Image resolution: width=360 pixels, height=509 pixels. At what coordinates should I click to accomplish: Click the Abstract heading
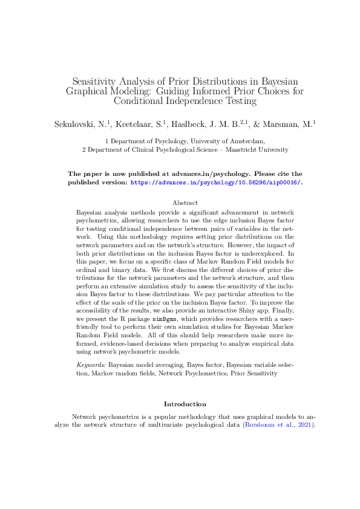pyautogui.click(x=185, y=203)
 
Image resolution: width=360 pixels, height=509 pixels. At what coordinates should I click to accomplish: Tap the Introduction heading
pyautogui.click(x=185, y=404)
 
